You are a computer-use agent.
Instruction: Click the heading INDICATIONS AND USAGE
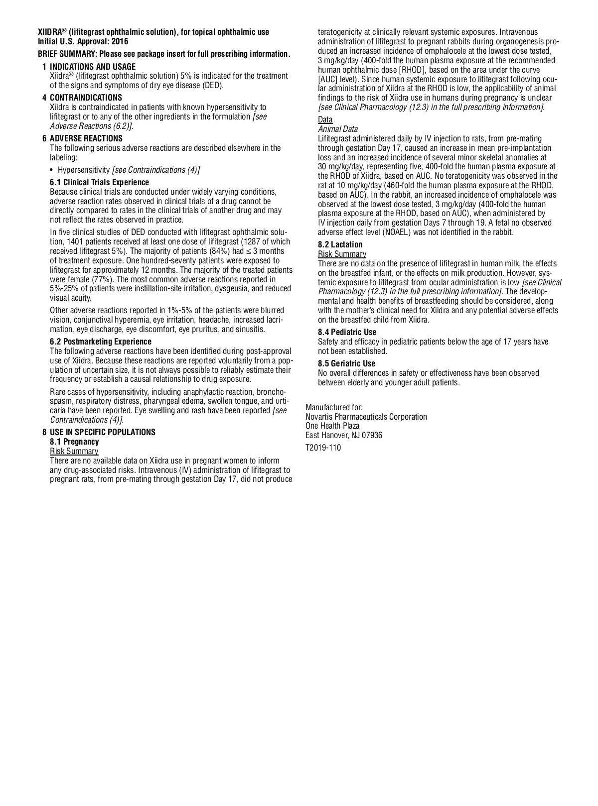coord(93,67)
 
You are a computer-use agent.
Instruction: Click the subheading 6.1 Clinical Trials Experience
coord(99,182)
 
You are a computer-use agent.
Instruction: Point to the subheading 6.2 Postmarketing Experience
coord(101,342)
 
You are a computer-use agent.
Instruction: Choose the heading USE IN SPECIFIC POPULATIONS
coord(103,432)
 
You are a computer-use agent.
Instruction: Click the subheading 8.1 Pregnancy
coord(74,442)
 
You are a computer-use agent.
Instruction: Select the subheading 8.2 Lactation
coord(340,244)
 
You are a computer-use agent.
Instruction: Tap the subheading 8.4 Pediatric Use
coord(347,332)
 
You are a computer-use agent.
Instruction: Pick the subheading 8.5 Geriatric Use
coord(347,363)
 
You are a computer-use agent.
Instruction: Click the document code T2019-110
coord(323,448)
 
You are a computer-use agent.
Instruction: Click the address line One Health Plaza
coord(332,426)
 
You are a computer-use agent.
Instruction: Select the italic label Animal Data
coord(338,129)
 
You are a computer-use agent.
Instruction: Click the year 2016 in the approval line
coord(120,42)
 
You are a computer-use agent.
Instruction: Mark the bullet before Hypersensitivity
coord(52,170)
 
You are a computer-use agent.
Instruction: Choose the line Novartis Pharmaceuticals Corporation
coord(366,417)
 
